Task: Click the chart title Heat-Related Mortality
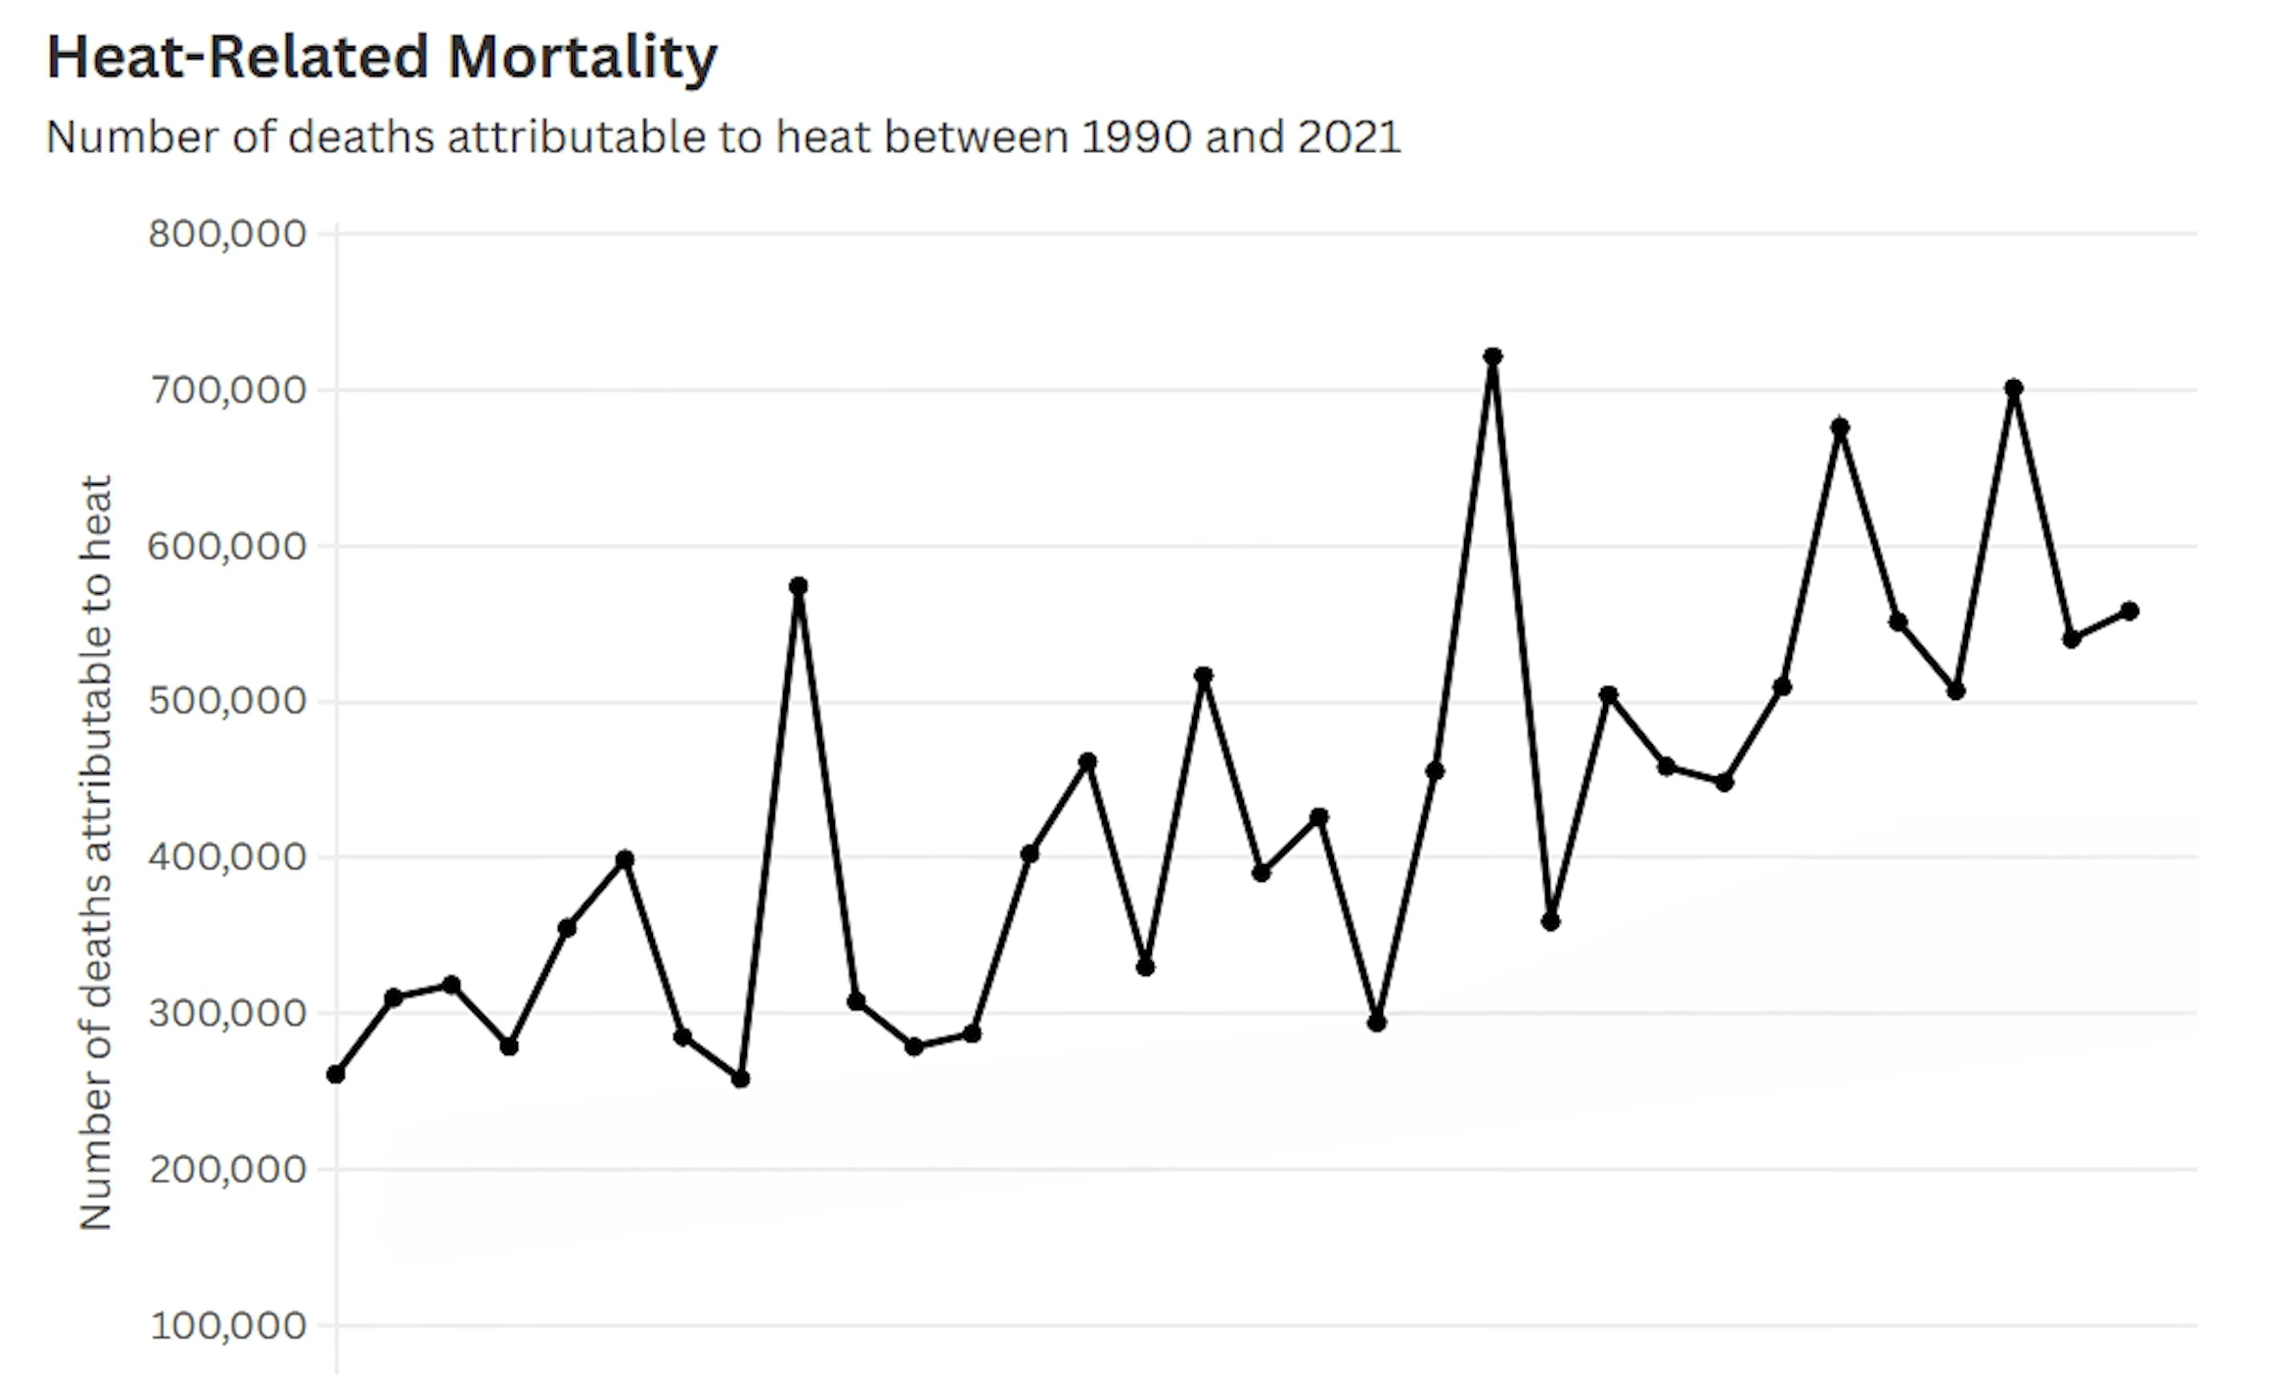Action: pyautogui.click(x=381, y=57)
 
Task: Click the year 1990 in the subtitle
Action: pyautogui.click(x=1135, y=138)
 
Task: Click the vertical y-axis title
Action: pyautogui.click(x=96, y=852)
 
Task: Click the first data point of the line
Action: pyautogui.click(x=336, y=1074)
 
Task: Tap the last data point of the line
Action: pyautogui.click(x=2129, y=610)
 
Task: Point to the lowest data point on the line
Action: pyautogui.click(x=741, y=1079)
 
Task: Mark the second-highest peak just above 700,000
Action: pyautogui.click(x=2014, y=387)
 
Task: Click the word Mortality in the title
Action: pyautogui.click(x=582, y=57)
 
